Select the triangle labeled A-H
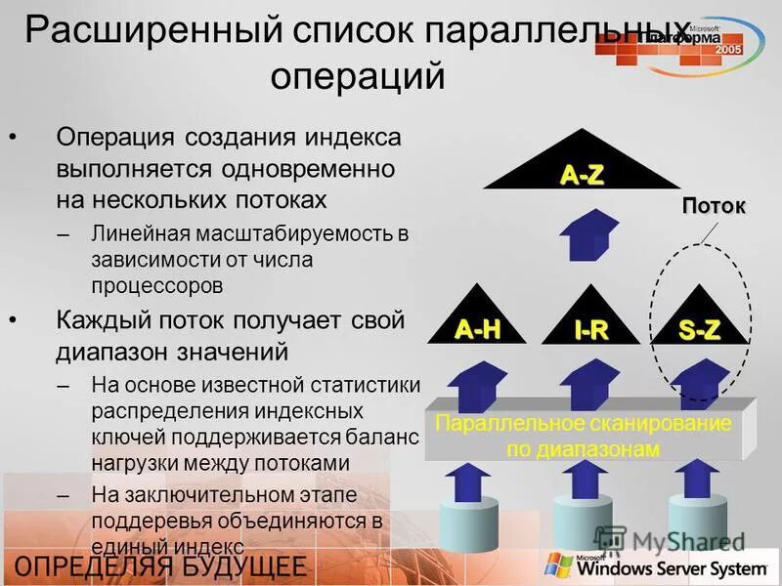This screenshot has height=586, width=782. point(477,323)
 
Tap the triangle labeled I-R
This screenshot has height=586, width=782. point(590,323)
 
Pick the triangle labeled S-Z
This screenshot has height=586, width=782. point(700,323)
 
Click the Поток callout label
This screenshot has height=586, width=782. point(713,206)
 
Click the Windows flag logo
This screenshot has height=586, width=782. point(558,565)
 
